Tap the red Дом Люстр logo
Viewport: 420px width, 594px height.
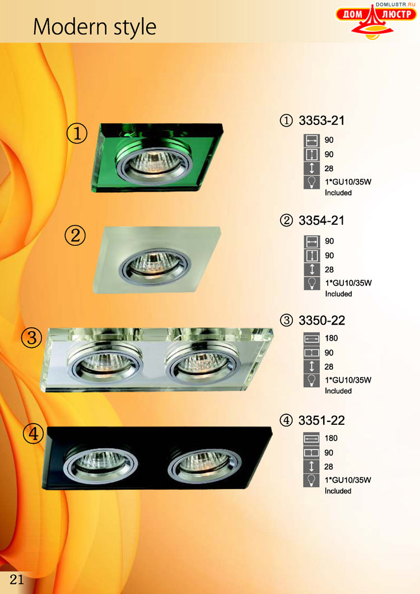point(376,21)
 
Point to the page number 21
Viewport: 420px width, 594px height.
point(16,579)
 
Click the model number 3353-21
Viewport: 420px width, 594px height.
point(321,120)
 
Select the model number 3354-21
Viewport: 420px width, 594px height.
point(321,220)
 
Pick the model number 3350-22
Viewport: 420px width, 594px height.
point(322,321)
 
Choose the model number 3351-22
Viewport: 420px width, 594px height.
point(322,420)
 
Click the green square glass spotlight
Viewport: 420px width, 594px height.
point(156,157)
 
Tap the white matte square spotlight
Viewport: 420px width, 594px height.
point(156,260)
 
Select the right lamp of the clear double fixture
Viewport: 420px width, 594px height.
point(203,364)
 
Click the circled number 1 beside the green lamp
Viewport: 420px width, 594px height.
point(77,133)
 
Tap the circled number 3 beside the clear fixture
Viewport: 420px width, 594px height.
point(32,337)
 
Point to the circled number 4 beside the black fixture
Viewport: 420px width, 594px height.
point(34,434)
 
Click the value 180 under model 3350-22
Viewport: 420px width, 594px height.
point(332,338)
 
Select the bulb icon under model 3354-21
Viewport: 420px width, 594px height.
point(312,284)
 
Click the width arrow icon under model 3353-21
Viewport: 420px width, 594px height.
point(312,141)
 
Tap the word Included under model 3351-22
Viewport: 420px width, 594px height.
point(338,491)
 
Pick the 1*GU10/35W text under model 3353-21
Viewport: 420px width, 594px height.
point(348,182)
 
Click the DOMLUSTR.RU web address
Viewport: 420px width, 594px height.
point(395,4)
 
